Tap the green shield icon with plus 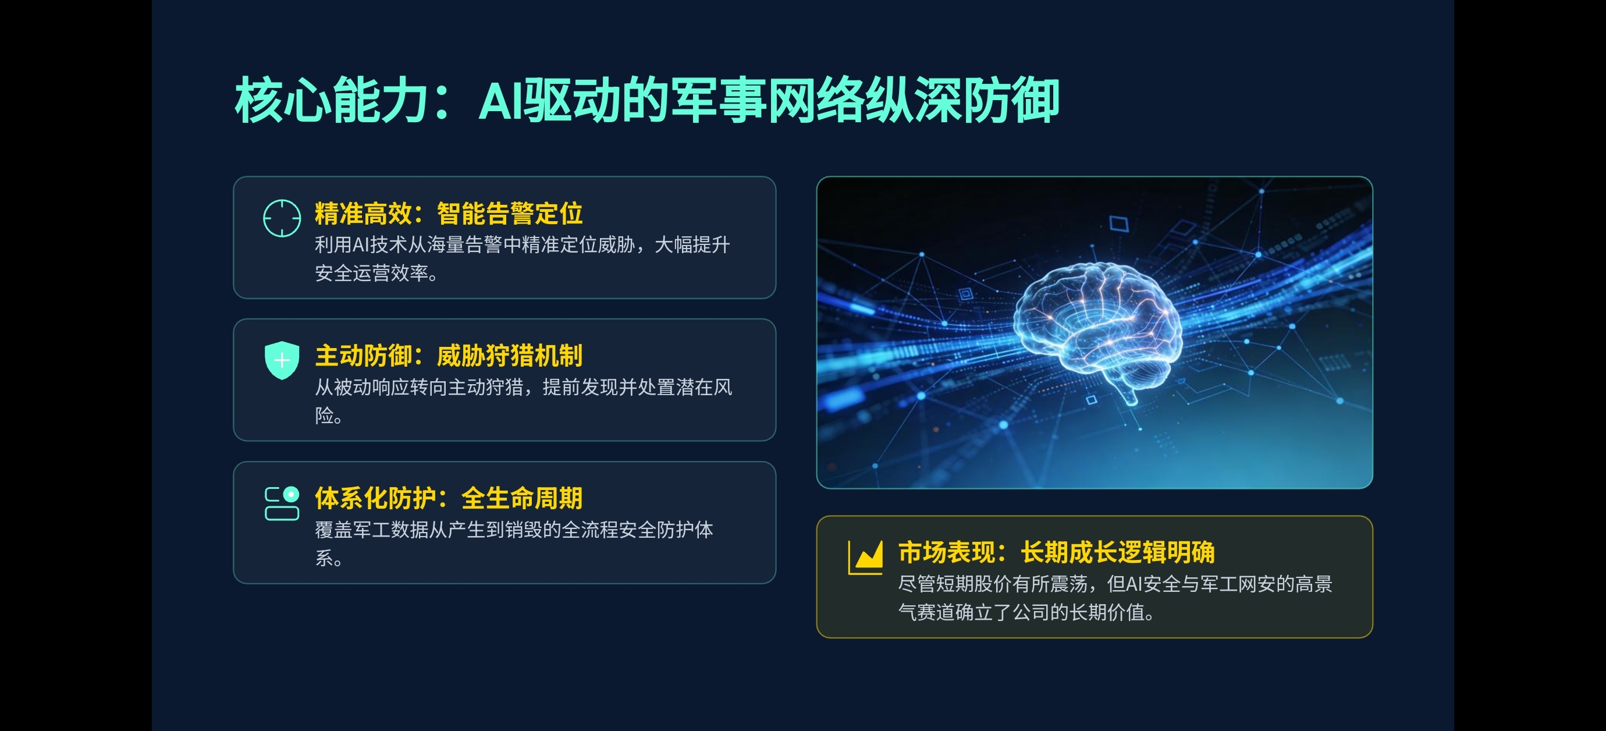tap(282, 360)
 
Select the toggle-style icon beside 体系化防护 tap(282, 503)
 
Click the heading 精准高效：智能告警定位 tap(448, 214)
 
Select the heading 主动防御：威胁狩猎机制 tap(448, 356)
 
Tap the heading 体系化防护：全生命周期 tap(448, 498)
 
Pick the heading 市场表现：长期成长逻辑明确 tap(1056, 552)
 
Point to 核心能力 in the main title tap(331, 100)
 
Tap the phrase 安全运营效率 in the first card tap(371, 273)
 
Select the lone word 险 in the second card tap(324, 416)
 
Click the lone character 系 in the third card tap(324, 558)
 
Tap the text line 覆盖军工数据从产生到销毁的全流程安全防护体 tap(514, 530)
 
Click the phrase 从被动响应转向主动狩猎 tap(418, 388)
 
